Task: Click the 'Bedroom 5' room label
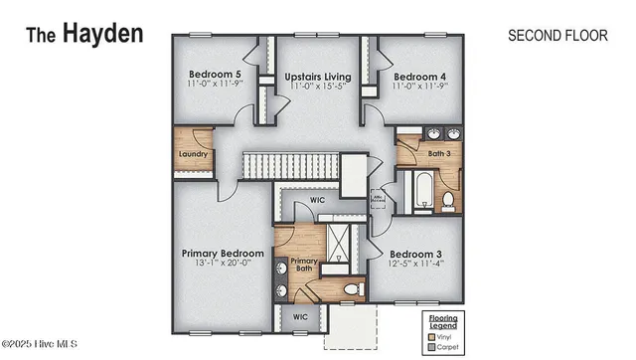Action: (x=216, y=75)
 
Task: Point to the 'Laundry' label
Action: (x=193, y=154)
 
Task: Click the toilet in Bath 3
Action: (x=448, y=201)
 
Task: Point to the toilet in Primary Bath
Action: (x=350, y=289)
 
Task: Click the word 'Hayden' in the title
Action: (x=103, y=33)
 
